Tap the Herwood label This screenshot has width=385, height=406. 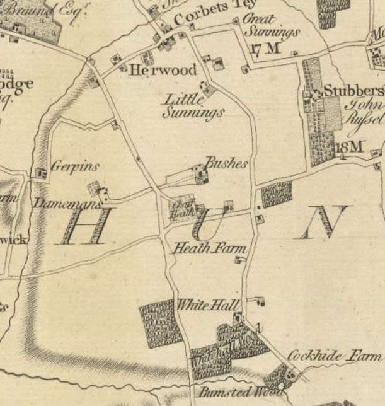pos(163,71)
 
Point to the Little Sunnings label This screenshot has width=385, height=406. pos(193,106)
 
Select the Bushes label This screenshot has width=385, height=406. pos(226,163)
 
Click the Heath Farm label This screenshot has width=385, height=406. pos(209,248)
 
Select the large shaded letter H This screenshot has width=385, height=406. pos(85,226)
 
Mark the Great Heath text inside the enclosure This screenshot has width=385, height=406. pos(182,209)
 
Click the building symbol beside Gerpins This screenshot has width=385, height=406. pos(42,172)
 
